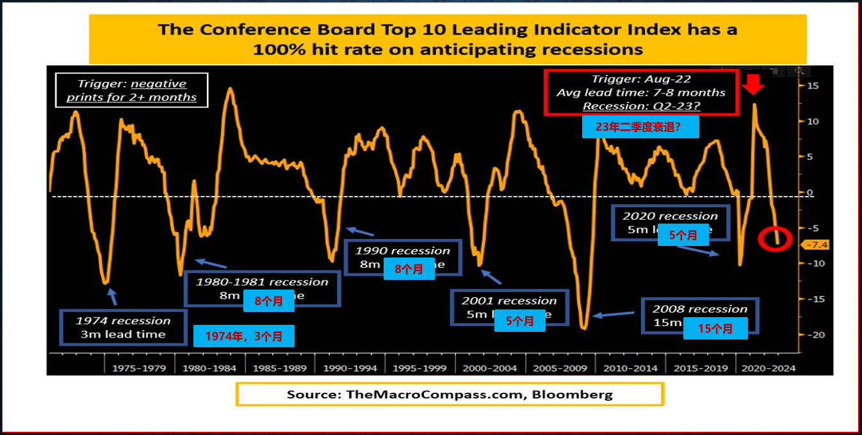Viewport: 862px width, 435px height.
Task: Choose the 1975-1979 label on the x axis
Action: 139,368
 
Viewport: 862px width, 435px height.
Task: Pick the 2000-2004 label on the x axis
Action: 491,368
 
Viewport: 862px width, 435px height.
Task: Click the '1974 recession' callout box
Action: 124,327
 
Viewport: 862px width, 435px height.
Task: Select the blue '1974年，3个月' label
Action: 243,336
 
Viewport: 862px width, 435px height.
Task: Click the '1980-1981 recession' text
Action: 262,282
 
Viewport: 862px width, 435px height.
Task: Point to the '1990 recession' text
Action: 403,250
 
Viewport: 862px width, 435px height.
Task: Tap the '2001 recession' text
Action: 509,300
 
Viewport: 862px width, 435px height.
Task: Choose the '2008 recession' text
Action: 700,309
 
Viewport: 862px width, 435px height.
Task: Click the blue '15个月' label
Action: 715,329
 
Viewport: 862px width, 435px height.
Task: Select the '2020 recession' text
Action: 671,216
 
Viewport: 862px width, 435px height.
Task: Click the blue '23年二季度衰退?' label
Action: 640,127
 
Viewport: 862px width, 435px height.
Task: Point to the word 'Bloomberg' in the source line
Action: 578,394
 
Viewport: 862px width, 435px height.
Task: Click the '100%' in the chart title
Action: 275,49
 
